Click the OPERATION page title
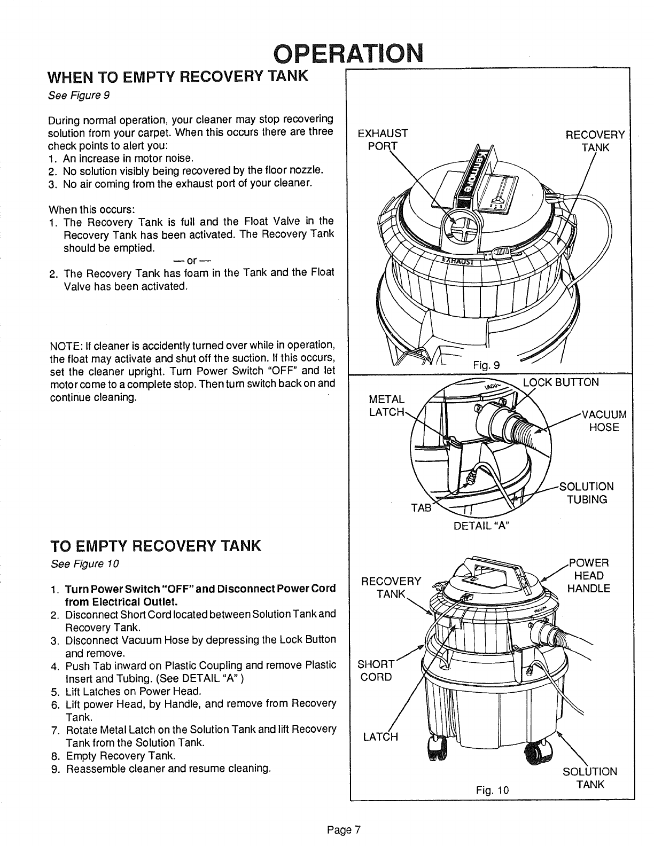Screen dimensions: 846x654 click(x=346, y=53)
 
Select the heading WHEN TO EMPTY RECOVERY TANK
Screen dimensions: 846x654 click(x=178, y=76)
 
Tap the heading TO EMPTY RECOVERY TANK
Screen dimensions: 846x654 click(x=155, y=546)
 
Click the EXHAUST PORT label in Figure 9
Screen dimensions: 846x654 click(x=383, y=140)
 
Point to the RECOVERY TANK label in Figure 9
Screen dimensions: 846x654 click(x=595, y=140)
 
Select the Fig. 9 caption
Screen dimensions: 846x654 click(x=486, y=366)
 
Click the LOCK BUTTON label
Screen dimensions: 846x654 click(x=560, y=382)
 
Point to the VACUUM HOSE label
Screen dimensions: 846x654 click(x=604, y=421)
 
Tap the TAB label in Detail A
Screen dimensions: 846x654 click(x=420, y=507)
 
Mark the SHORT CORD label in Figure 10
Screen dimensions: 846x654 click(x=375, y=670)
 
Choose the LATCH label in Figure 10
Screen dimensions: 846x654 click(x=380, y=738)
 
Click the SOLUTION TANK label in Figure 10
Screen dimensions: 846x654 click(x=590, y=778)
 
